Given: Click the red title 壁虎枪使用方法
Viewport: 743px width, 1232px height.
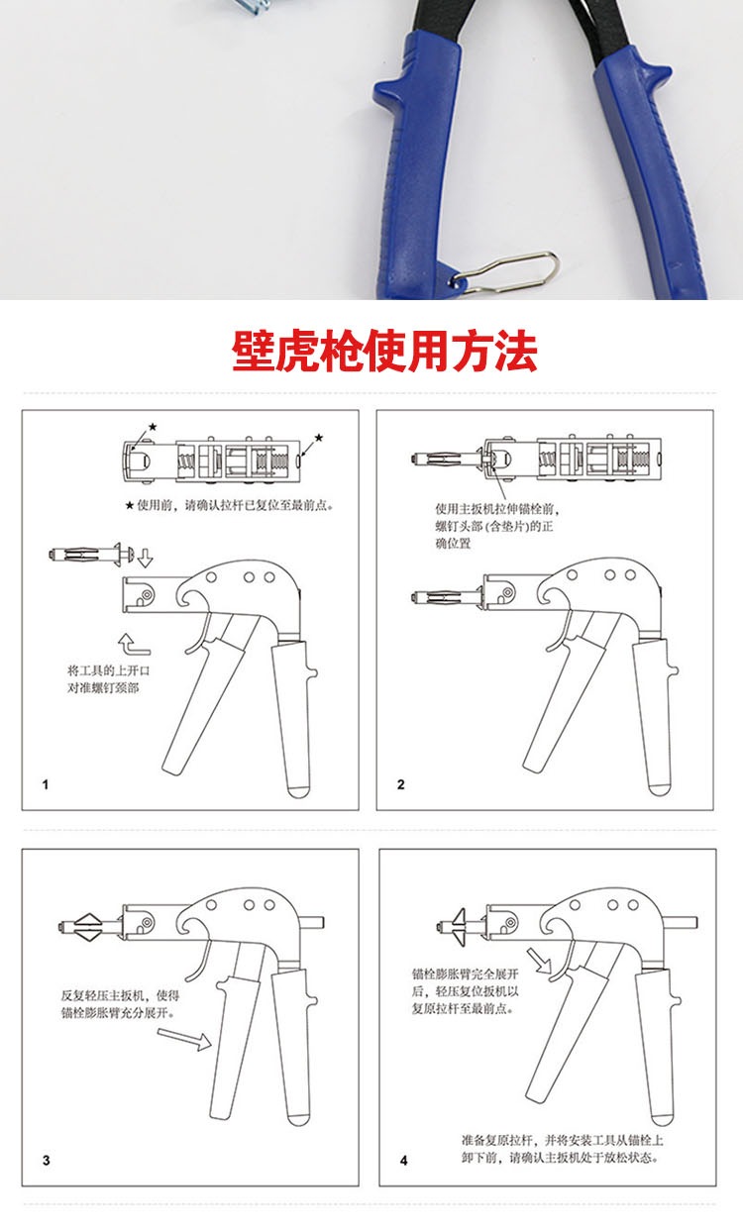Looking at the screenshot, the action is click(384, 351).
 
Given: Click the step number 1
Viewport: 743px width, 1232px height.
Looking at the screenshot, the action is click(46, 784).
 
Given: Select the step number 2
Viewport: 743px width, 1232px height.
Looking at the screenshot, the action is click(400, 784).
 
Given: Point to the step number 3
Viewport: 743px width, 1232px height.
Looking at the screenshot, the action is click(47, 1161).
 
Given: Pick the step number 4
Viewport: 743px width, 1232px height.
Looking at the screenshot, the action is click(404, 1161).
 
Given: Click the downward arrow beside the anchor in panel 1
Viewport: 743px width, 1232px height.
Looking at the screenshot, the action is click(145, 558).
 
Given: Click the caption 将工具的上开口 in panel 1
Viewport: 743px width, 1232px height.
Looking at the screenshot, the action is click(108, 670).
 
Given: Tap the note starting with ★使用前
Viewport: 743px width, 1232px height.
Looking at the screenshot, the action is click(229, 505).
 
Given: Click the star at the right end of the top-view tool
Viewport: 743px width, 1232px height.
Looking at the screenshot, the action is click(319, 438).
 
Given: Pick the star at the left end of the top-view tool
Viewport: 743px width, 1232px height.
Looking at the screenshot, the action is click(153, 426).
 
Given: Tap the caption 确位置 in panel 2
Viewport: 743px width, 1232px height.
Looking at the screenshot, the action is click(453, 544).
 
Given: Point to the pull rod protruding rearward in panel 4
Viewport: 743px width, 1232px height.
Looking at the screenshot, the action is click(681, 922).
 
